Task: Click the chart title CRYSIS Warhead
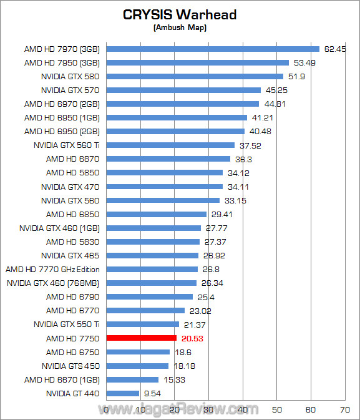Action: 180,14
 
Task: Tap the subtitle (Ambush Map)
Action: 180,27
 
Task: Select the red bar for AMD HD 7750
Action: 142,338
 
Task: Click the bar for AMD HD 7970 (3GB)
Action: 213,49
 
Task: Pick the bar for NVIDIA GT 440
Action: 123,393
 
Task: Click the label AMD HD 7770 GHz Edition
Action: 52,270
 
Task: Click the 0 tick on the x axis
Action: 107,410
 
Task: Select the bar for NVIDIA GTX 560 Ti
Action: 171,145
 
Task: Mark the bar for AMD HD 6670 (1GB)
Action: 133,379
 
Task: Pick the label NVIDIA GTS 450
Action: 71,366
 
